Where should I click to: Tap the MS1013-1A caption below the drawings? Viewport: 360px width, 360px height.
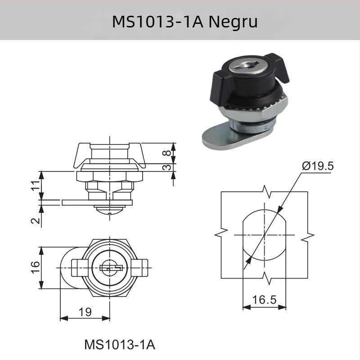pyautogui.click(x=120, y=345)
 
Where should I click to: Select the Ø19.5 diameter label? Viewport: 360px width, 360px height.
pyautogui.click(x=318, y=166)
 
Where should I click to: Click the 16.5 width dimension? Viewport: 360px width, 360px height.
pyautogui.click(x=264, y=300)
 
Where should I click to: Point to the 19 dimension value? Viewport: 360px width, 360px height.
pyautogui.click(x=85, y=310)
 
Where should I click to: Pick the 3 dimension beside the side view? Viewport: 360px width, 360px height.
pyautogui.click(x=167, y=167)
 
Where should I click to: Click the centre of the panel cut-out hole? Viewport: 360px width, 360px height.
pyautogui.click(x=264, y=235)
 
